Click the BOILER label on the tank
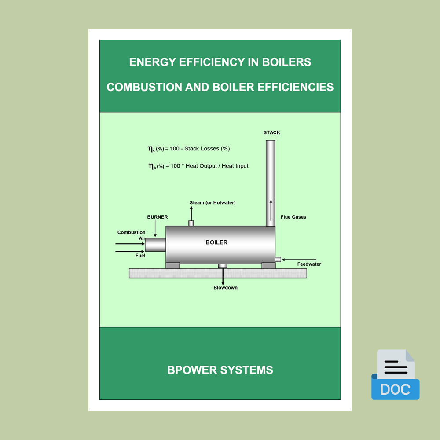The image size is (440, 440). [216, 242]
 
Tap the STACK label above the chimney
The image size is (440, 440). [271, 132]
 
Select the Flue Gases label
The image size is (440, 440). [293, 217]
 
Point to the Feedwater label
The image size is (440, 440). [309, 264]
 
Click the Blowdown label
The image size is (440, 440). [225, 288]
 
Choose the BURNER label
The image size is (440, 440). [158, 217]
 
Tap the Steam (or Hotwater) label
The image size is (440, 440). [213, 202]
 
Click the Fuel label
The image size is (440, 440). [140, 255]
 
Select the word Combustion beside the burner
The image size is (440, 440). [131, 232]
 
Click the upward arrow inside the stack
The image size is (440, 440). [271, 210]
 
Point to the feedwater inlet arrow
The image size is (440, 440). [299, 260]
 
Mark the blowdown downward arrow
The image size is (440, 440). [223, 276]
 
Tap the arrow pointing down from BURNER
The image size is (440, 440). [155, 228]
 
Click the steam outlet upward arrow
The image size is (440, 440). [191, 213]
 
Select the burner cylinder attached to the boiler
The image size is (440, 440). [155, 245]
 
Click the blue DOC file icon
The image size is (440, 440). [396, 374]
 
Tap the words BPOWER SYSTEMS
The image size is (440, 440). [220, 370]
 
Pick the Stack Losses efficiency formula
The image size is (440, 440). [189, 149]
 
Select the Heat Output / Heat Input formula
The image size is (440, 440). [198, 166]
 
